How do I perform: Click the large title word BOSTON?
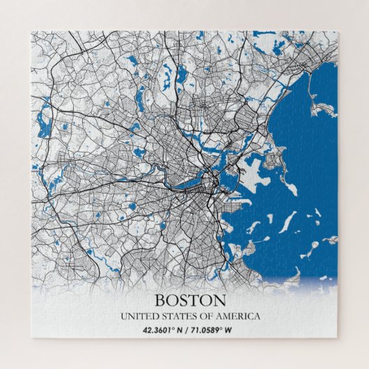tap(190, 301)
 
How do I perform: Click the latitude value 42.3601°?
tap(162, 330)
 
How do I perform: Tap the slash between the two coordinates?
tap(190, 330)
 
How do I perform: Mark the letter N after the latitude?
tap(182, 330)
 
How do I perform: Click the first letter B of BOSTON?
tap(159, 301)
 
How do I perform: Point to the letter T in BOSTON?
tap(197, 301)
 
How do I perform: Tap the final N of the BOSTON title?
tap(221, 301)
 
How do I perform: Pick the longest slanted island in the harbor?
tap(286, 222)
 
